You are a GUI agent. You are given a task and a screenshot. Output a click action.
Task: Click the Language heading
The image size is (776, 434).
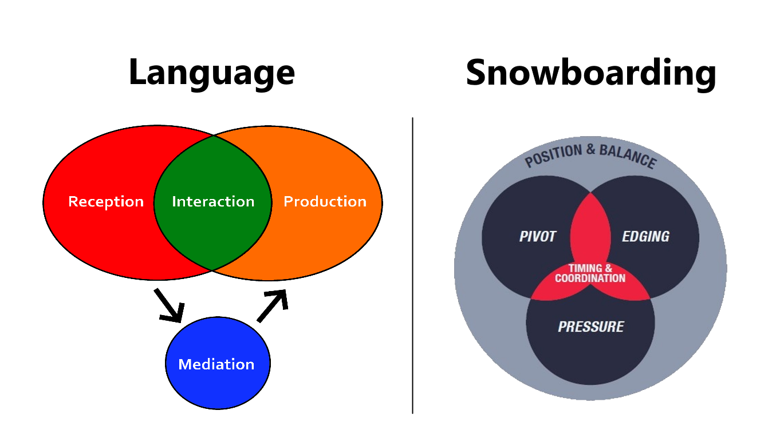pos(212,73)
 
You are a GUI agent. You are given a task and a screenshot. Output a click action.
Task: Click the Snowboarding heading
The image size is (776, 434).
pos(590,73)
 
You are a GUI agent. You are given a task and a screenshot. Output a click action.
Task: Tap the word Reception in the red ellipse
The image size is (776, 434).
pos(106,202)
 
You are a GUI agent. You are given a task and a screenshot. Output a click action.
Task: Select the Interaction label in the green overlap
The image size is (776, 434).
pos(213,202)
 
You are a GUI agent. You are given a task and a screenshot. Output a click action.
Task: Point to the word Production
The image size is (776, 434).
pos(325,202)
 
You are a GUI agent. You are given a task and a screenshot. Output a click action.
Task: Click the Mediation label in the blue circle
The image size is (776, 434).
pos(216,364)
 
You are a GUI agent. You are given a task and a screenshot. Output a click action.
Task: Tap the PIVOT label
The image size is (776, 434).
pos(537,237)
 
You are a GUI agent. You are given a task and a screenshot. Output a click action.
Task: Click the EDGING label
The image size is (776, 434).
pos(645,237)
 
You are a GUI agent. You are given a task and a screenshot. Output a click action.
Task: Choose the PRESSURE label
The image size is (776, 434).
pos(590,327)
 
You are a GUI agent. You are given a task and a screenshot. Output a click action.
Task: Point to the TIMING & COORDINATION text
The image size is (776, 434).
pos(590,273)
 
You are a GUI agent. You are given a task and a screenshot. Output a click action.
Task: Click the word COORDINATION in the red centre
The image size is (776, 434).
pos(590,278)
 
